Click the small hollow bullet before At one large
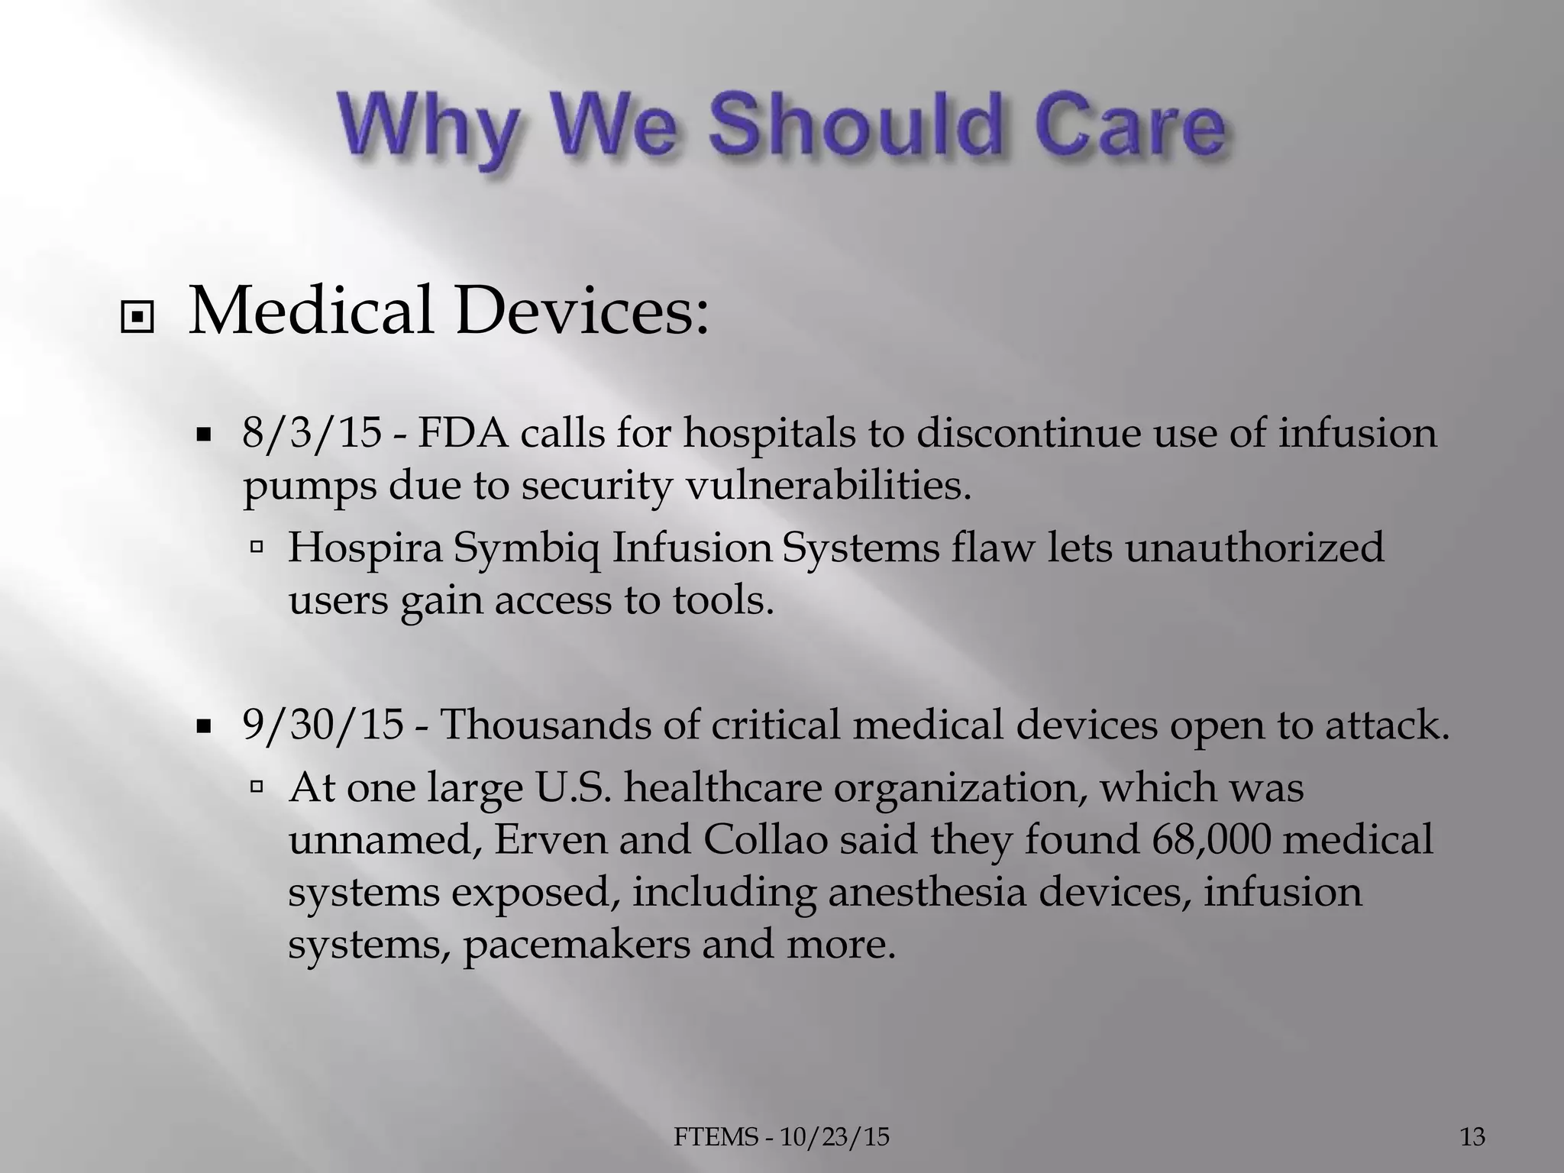257,784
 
